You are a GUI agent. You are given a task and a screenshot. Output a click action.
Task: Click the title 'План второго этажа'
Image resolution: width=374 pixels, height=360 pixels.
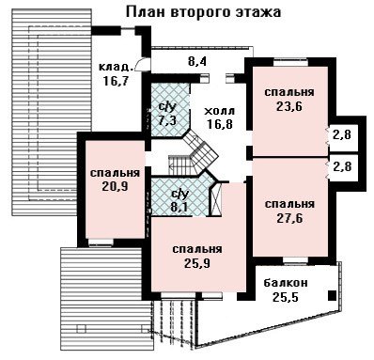(x=203, y=12)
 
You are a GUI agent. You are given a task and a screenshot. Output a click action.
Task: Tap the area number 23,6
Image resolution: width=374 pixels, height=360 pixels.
(x=289, y=107)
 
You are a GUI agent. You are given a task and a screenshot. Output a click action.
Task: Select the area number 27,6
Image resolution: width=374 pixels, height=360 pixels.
(x=289, y=218)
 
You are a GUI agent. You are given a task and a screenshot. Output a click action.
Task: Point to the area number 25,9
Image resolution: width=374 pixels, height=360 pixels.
(x=197, y=263)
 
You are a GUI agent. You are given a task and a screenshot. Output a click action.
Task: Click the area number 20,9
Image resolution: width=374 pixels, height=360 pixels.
(x=115, y=187)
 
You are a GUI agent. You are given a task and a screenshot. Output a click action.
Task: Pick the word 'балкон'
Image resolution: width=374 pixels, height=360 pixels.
(x=286, y=283)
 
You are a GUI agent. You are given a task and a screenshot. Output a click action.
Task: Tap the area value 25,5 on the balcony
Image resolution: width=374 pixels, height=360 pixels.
(x=286, y=296)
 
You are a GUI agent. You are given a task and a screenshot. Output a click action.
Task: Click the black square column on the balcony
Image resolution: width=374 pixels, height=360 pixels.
(x=332, y=295)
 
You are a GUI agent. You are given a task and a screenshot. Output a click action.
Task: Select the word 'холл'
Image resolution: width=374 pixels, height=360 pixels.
(x=219, y=111)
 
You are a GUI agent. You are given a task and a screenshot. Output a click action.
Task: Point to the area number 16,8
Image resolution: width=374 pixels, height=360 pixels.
(x=220, y=124)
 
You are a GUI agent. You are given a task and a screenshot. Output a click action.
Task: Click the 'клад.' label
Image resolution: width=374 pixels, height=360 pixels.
(x=115, y=67)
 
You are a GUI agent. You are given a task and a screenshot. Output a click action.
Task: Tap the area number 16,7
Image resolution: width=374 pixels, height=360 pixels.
(x=116, y=80)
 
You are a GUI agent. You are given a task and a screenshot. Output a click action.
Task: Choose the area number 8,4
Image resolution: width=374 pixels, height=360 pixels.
(x=197, y=61)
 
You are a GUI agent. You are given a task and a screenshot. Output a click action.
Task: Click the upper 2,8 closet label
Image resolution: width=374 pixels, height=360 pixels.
(x=342, y=135)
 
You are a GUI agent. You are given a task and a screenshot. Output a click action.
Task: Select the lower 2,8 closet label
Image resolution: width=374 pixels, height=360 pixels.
(x=342, y=166)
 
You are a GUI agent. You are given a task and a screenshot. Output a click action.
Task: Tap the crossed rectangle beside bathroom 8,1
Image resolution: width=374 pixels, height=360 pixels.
(x=216, y=199)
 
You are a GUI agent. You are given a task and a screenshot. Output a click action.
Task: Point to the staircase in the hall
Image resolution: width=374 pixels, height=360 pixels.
(x=195, y=153)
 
